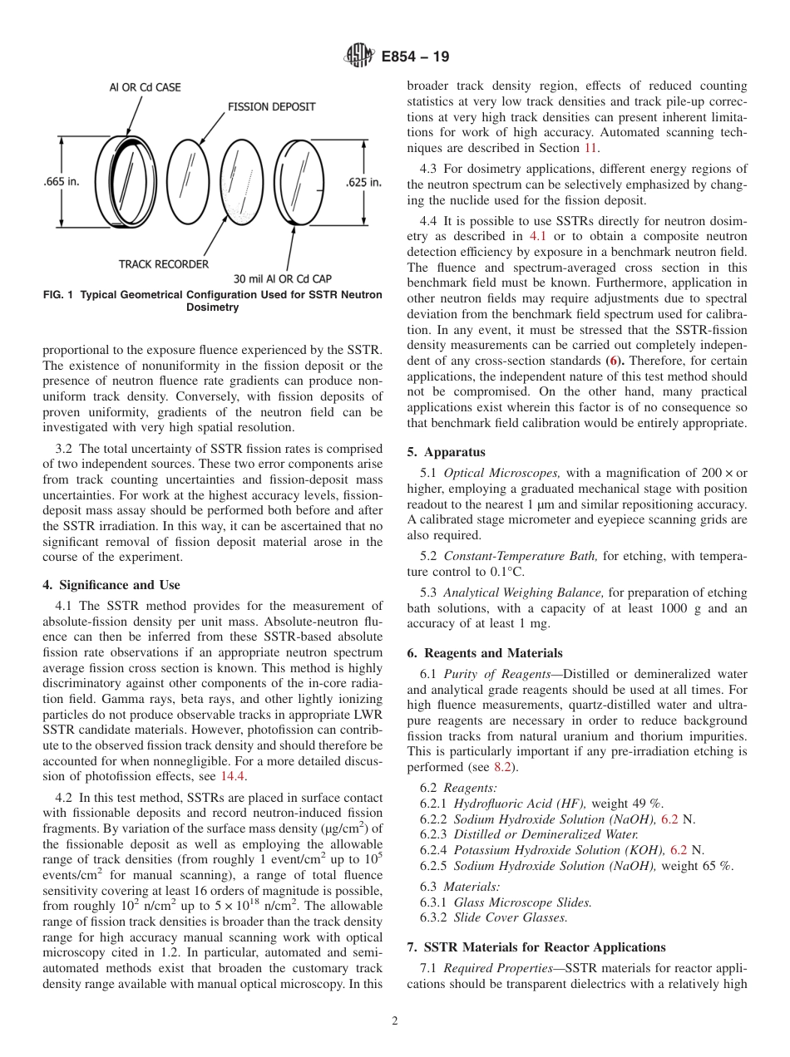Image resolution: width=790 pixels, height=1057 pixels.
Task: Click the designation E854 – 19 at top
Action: tap(415, 57)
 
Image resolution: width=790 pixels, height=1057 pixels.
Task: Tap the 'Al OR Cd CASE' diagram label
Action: tap(146, 86)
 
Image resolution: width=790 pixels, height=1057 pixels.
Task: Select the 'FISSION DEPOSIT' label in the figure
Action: tap(271, 107)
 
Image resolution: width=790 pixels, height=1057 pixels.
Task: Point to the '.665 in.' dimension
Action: tap(61, 182)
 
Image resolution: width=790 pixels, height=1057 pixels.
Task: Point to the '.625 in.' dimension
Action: tap(363, 182)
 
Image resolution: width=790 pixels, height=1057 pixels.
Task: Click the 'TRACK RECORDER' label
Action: tap(163, 264)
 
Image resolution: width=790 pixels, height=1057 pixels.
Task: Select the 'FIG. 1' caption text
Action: tap(212, 301)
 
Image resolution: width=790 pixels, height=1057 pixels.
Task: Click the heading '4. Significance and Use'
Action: tap(111, 585)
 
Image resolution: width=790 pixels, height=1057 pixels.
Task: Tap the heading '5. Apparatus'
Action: tap(446, 453)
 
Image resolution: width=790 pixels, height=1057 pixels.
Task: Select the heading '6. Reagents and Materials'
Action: tap(485, 653)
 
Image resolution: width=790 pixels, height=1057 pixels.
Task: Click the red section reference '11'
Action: tap(590, 148)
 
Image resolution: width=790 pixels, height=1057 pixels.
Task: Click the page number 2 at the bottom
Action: tap(395, 1021)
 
